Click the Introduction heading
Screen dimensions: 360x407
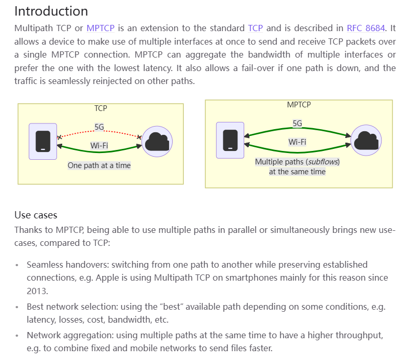[51, 11]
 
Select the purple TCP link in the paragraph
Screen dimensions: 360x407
[256, 28]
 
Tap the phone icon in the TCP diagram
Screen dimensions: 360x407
[43, 141]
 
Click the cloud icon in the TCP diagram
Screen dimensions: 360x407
[157, 141]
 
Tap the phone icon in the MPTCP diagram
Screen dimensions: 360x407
[230, 140]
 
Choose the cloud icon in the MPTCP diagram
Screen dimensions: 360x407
[366, 140]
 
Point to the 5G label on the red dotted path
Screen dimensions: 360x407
[100, 127]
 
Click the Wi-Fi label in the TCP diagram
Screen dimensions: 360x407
[99, 145]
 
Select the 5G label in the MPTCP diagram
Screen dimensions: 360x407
[297, 123]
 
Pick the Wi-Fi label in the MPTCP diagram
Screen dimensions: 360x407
[297, 142]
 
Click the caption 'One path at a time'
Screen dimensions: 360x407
[99, 165]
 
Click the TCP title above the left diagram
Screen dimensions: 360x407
[101, 108]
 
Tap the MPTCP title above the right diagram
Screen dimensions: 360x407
[299, 104]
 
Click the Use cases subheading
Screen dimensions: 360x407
[36, 215]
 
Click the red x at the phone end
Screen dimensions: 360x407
[59, 137]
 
